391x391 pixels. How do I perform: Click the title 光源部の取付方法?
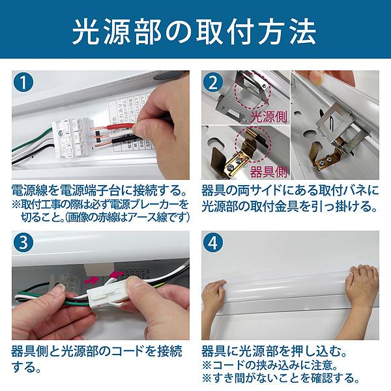click(195, 31)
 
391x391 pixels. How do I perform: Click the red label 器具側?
click(268, 173)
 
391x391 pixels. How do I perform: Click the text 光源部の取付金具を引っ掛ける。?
click(289, 208)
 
